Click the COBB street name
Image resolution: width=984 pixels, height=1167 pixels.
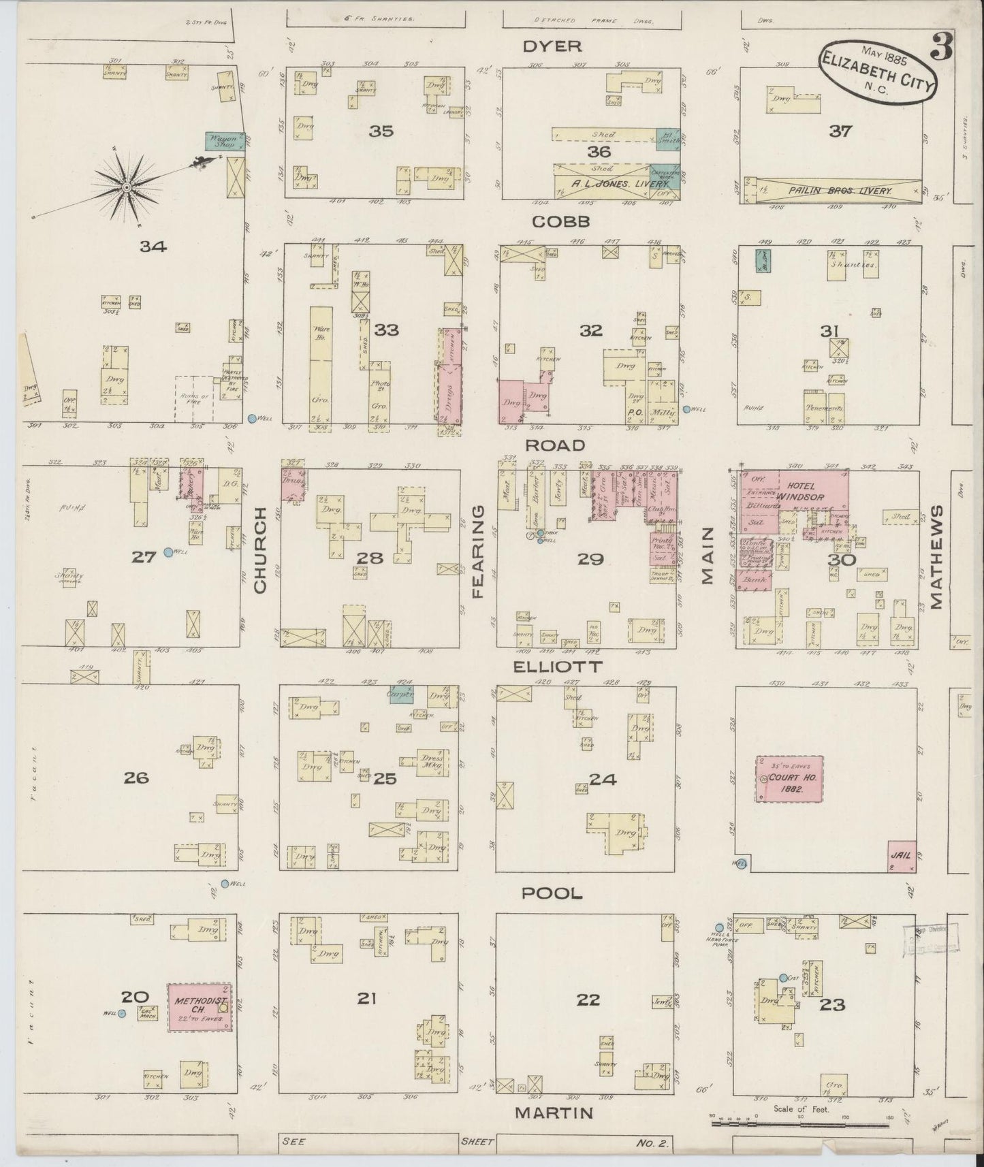560,222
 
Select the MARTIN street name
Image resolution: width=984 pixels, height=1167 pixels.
553,1113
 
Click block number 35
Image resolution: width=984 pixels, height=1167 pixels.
381,131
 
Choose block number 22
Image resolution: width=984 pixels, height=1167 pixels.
588,1000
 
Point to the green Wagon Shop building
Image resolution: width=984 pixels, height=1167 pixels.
225,142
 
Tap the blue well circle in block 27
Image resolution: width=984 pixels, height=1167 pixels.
168,552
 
